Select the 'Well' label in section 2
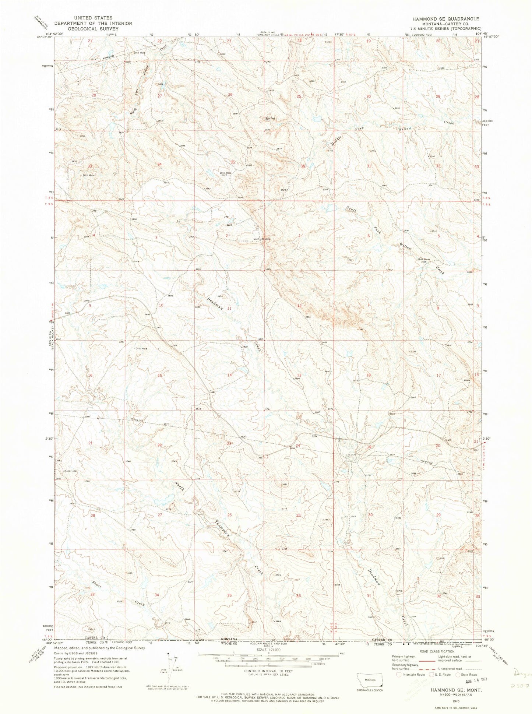[x=229, y=226]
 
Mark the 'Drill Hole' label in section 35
[x=226, y=173]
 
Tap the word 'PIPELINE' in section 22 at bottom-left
[x=135, y=420]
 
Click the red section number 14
[x=229, y=375]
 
